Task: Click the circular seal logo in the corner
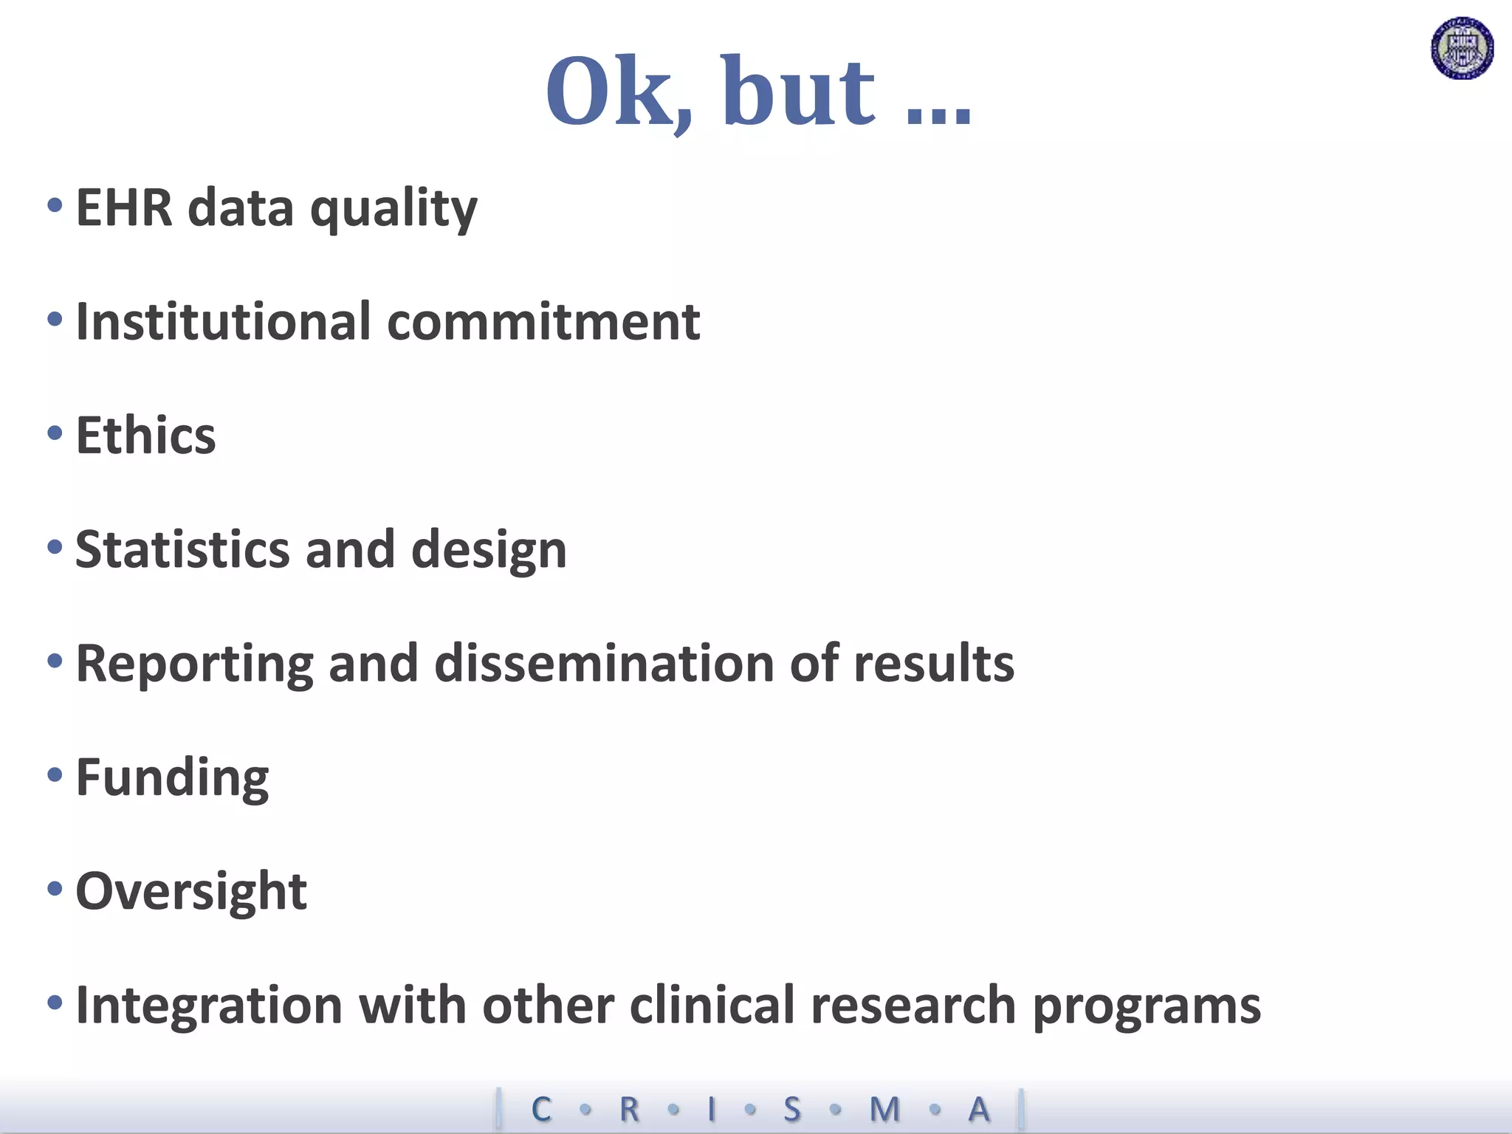point(1462,49)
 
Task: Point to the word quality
point(394,210)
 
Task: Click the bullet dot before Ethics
point(55,433)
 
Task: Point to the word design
point(489,551)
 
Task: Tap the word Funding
point(172,779)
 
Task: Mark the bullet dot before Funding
point(55,775)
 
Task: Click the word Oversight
point(191,892)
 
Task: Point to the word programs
point(1147,1007)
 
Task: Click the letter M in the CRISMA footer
point(884,1109)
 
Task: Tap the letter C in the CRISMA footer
point(541,1109)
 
